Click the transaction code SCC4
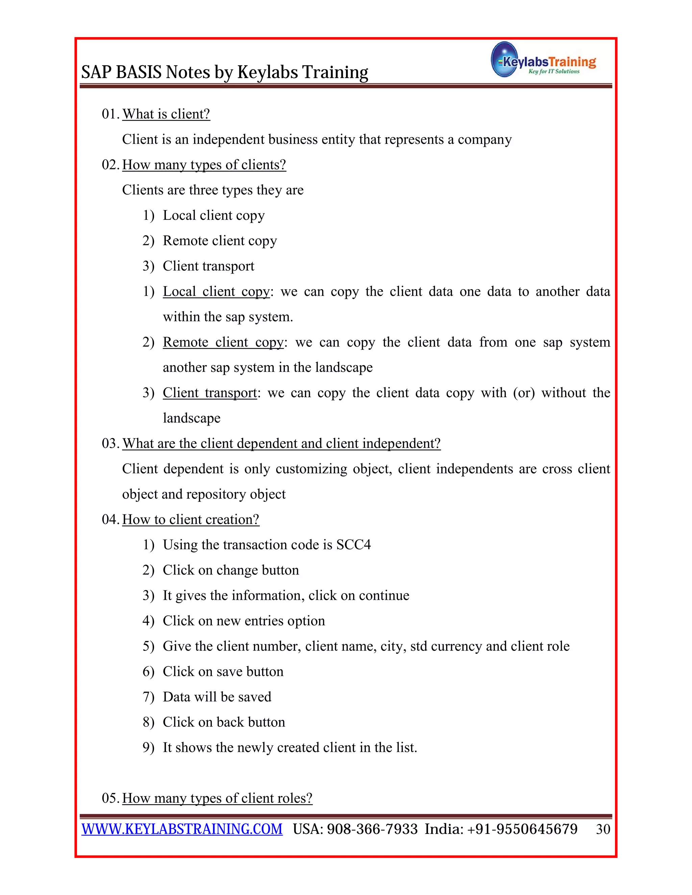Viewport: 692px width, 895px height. pos(353,545)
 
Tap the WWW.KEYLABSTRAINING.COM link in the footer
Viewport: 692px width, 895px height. pos(182,829)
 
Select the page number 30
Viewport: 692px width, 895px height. pos(603,829)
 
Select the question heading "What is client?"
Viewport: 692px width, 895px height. pos(166,114)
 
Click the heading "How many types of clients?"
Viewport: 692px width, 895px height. pos(204,165)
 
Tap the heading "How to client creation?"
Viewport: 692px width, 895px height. pos(191,520)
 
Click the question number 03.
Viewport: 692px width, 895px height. pos(110,443)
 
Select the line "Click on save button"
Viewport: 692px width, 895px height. pos(223,671)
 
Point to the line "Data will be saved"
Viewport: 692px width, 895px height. pos(217,697)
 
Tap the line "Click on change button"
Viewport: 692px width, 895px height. pos(231,570)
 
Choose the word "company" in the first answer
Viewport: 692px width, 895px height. pos(485,140)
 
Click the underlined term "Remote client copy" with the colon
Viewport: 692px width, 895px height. pos(223,342)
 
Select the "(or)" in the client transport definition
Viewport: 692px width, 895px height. pos(524,393)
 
